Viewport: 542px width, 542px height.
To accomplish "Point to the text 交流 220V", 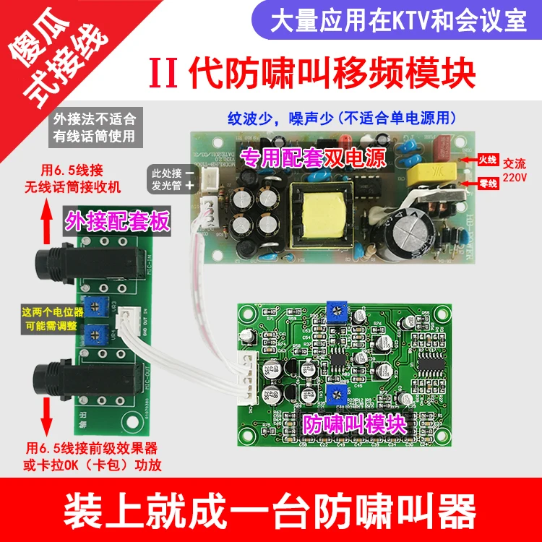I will coord(515,170).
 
